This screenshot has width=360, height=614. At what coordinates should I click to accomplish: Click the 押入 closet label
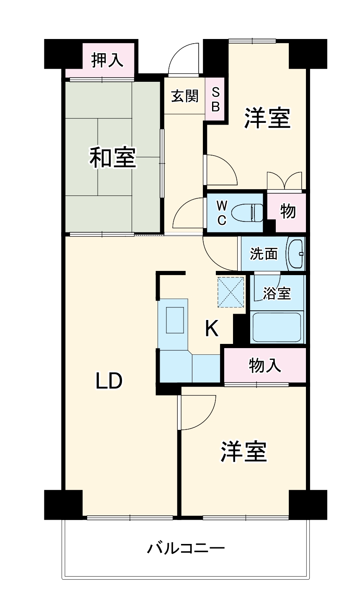(x=108, y=60)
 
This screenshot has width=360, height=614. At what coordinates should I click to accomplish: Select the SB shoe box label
(x=215, y=99)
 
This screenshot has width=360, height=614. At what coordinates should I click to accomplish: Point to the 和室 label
(x=113, y=158)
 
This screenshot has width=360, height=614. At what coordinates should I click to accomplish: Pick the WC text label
(x=222, y=213)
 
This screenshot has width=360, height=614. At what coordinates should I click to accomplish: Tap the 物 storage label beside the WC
(x=288, y=212)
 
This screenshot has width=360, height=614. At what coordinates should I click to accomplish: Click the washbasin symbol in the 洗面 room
(x=296, y=254)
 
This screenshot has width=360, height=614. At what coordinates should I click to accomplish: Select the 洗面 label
(x=264, y=254)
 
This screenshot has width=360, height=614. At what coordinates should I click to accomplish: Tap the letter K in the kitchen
(x=212, y=328)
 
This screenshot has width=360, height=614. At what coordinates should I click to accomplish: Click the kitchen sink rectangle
(x=175, y=320)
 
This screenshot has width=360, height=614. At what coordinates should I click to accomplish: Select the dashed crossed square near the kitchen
(x=231, y=292)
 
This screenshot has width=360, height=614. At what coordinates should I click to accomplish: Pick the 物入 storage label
(x=265, y=365)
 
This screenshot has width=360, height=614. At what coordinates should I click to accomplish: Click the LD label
(x=109, y=381)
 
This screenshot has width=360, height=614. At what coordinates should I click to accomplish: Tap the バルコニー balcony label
(x=186, y=548)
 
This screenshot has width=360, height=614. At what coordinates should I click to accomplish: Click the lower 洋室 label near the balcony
(x=244, y=451)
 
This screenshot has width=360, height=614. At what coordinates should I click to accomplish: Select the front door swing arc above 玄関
(x=184, y=59)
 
